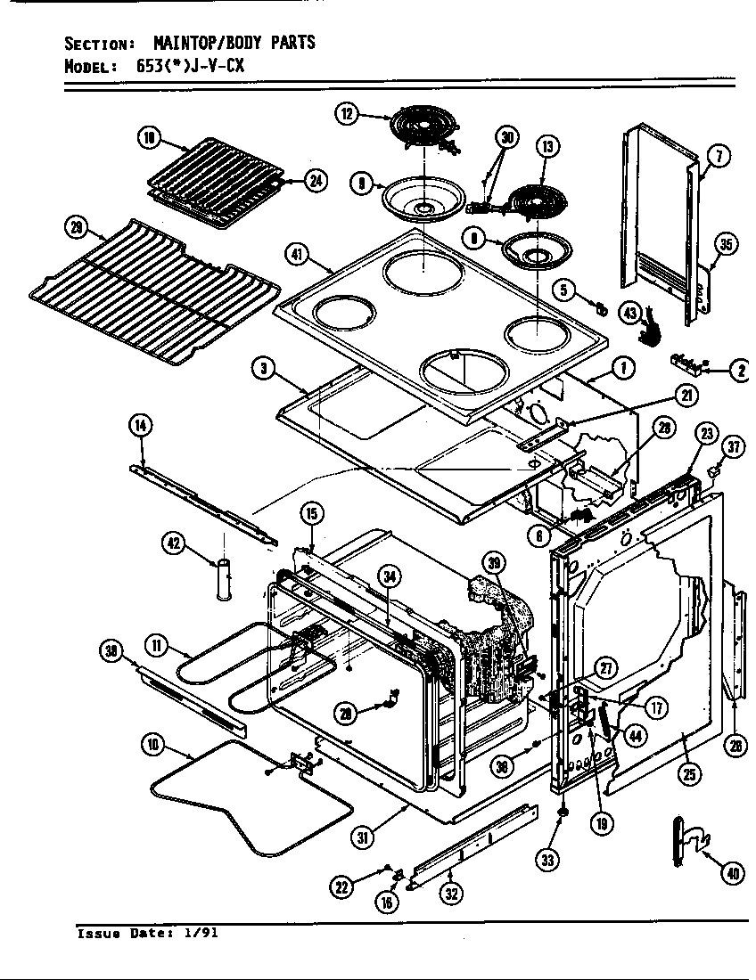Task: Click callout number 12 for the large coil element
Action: (x=346, y=113)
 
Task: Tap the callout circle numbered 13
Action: (x=546, y=147)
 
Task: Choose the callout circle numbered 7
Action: (x=719, y=158)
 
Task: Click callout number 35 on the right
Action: (x=726, y=246)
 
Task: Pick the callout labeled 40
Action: (x=733, y=874)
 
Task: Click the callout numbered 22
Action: (x=341, y=886)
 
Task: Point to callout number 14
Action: (x=141, y=426)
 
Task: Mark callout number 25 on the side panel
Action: (x=687, y=774)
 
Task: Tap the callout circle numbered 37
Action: (x=732, y=448)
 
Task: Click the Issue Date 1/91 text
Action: (x=147, y=934)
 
